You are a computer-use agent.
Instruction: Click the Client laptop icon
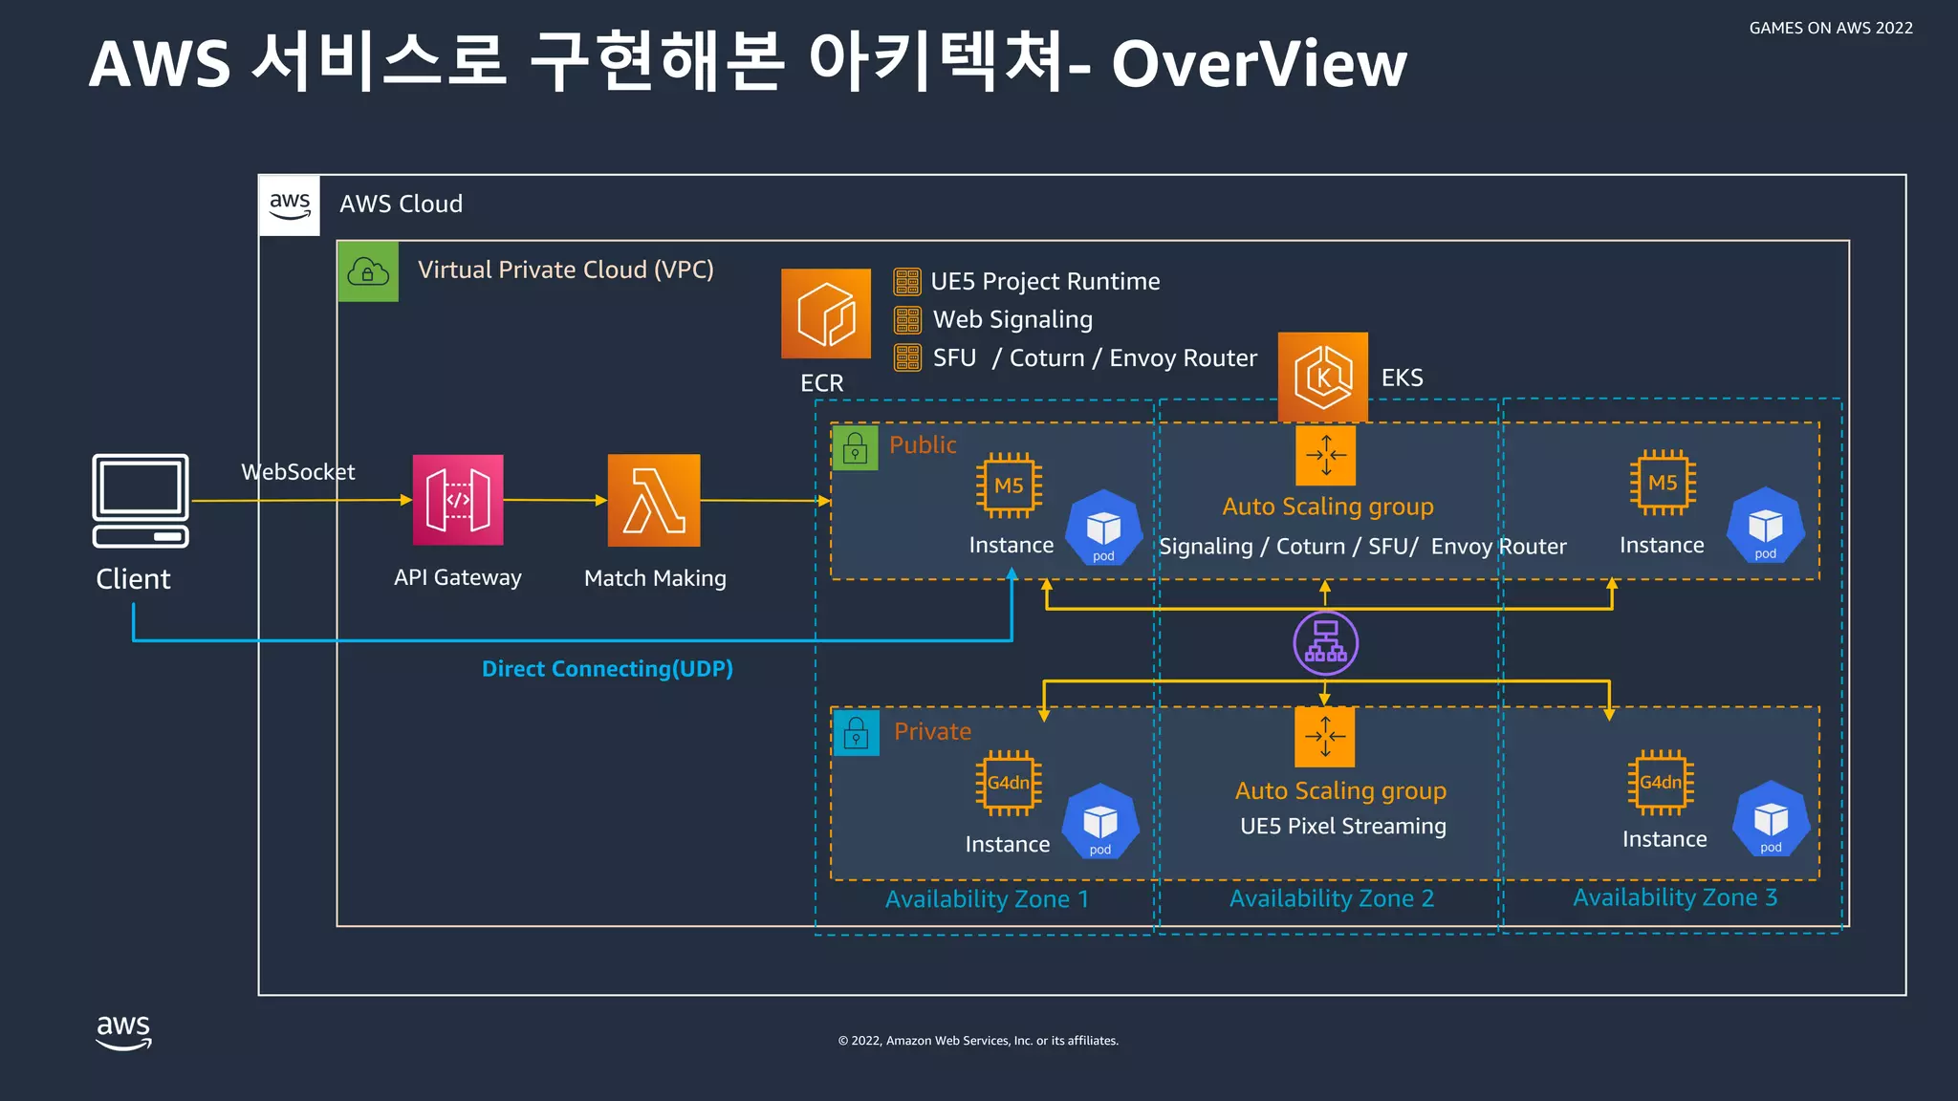(141, 500)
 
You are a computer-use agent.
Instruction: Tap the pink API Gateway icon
(458, 500)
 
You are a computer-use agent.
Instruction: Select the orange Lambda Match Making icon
(654, 500)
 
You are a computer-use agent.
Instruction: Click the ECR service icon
(825, 313)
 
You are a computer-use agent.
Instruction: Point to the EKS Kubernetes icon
(1322, 377)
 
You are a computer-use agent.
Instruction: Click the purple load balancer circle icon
(1325, 643)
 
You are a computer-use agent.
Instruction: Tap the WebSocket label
(297, 472)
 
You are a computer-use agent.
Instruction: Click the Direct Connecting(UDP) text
(607, 669)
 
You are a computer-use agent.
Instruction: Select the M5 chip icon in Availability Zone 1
(1009, 486)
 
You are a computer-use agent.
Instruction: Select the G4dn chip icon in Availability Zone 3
(1661, 782)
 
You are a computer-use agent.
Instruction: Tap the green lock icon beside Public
(855, 447)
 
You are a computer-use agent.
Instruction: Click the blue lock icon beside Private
(856, 733)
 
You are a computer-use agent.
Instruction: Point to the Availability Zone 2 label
(1331, 898)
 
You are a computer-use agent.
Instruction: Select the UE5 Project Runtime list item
(1044, 282)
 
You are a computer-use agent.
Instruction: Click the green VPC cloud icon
(368, 272)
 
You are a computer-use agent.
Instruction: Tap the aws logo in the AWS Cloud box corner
(290, 205)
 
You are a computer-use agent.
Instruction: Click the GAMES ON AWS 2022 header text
(1830, 29)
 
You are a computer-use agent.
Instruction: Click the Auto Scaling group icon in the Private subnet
(1324, 737)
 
